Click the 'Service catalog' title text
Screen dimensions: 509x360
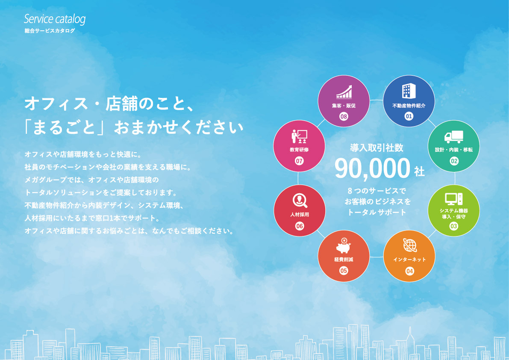(55, 19)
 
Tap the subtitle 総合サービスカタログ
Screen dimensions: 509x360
(50, 31)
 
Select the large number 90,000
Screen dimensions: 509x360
(372, 168)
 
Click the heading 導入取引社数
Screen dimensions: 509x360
(377, 148)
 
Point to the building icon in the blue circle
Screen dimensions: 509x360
(409, 91)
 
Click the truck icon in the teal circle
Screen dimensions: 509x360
(454, 137)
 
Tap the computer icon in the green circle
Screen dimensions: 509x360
(454, 199)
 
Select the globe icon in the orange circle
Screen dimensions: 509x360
(410, 245)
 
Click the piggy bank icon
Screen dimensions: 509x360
(344, 245)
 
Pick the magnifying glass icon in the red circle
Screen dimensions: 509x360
(300, 201)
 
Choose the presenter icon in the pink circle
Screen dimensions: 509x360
(299, 137)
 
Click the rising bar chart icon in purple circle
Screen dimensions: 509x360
(344, 92)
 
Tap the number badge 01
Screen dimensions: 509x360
(409, 116)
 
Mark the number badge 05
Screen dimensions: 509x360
(344, 271)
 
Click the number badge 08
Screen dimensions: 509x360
(344, 116)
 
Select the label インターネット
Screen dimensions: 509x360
(409, 260)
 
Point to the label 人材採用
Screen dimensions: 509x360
(300, 215)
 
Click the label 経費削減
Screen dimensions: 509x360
(344, 260)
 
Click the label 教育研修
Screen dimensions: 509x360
(299, 150)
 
